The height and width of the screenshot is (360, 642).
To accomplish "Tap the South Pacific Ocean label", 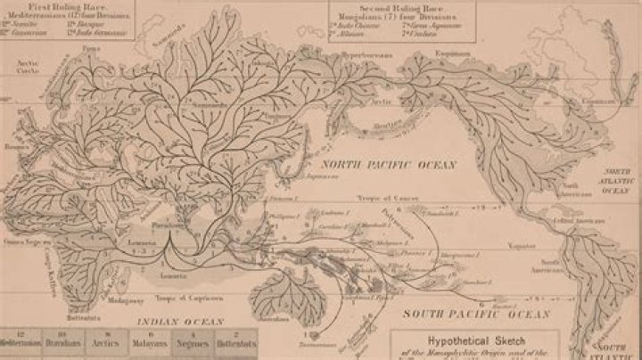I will pyautogui.click(x=463, y=314).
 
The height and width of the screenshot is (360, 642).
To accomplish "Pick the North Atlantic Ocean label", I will pyautogui.click(x=620, y=183).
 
